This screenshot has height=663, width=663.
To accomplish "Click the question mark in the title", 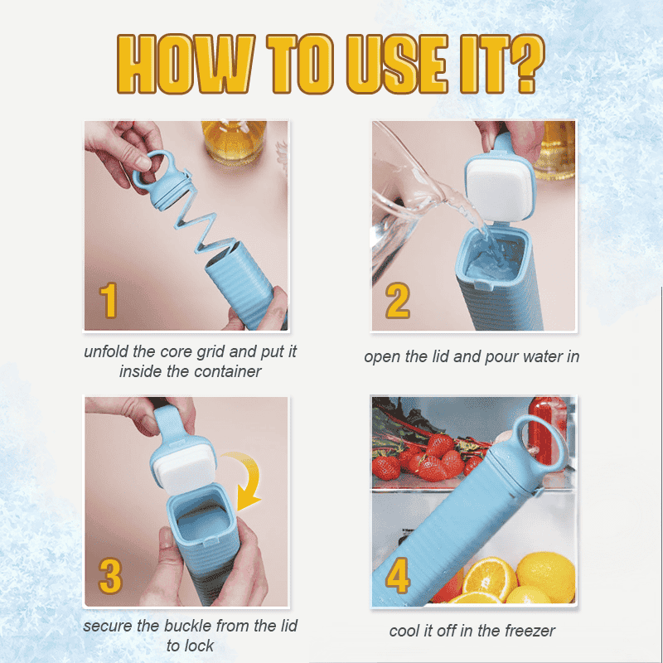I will coord(520,64).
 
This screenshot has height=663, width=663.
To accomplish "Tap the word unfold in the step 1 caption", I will coord(105,351).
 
